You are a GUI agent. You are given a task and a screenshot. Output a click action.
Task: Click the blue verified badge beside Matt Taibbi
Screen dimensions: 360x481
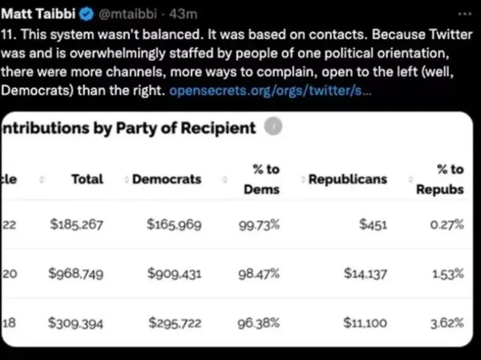(x=86, y=14)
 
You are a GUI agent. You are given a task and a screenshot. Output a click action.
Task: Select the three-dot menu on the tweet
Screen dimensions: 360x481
(x=464, y=14)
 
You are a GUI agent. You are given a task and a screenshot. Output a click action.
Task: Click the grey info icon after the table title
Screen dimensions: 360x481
(x=274, y=127)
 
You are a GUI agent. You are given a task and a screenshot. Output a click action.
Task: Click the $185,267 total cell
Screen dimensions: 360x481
(x=75, y=225)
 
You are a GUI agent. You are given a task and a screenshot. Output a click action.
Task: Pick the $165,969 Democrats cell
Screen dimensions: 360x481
(x=174, y=225)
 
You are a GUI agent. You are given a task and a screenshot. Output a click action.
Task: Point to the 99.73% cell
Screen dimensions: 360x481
(x=259, y=225)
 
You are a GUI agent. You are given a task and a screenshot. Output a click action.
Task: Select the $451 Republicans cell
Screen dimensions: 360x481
(x=373, y=225)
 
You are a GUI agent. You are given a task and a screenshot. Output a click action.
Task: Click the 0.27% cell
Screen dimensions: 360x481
(x=447, y=225)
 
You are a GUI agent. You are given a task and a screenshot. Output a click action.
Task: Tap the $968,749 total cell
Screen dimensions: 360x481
(x=75, y=274)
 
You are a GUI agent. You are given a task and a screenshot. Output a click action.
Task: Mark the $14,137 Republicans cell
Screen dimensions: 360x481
(x=365, y=274)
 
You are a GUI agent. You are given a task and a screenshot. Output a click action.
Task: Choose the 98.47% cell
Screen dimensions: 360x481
(x=259, y=274)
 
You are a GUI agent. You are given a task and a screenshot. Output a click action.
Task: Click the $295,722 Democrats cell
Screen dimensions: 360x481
(x=174, y=323)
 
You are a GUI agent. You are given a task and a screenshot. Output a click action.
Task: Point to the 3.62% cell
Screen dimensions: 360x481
(x=447, y=323)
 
